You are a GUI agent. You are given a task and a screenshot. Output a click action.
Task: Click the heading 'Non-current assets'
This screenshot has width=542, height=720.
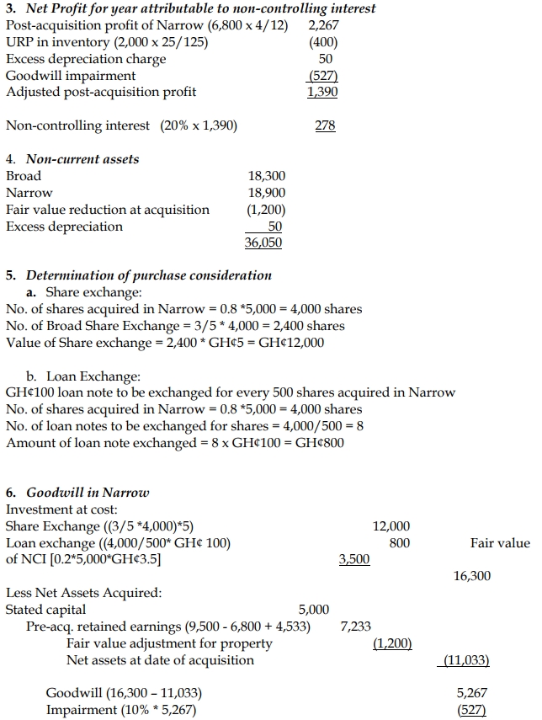click(82, 159)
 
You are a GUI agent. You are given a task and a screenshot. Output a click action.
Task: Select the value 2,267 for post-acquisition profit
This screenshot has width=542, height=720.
click(324, 25)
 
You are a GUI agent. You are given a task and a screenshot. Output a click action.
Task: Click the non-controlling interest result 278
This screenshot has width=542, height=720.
click(325, 125)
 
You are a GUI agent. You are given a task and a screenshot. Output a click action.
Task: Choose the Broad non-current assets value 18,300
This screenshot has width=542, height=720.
click(267, 176)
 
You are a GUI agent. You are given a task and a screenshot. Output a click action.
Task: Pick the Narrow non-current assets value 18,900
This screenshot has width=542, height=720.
click(267, 193)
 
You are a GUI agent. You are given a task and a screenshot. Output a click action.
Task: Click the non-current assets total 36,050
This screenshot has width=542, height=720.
click(264, 243)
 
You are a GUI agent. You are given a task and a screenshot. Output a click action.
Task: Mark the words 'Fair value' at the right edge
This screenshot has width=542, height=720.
click(500, 543)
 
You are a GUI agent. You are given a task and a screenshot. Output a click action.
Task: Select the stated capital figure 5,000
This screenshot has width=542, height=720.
click(314, 610)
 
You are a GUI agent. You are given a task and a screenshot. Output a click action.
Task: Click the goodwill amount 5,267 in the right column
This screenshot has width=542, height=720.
click(471, 693)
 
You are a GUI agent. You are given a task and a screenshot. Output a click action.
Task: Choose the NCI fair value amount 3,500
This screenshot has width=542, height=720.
click(353, 559)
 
